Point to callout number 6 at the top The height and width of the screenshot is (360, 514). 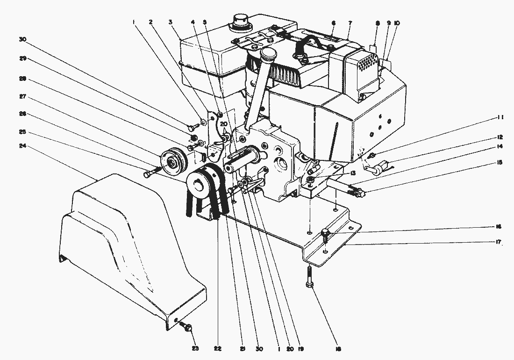point(333,22)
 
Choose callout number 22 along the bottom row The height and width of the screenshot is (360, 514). point(218,348)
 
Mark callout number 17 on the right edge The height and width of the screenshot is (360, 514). point(500,242)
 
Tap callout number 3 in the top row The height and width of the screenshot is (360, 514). point(171,22)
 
